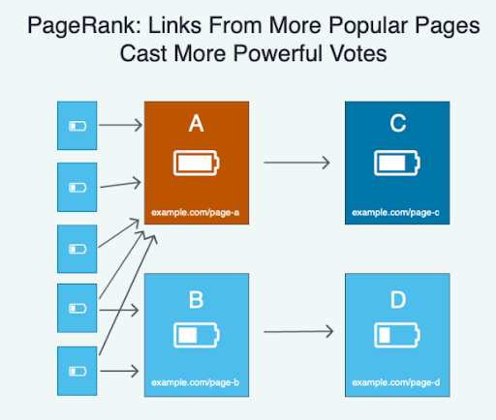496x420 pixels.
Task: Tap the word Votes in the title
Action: [x=358, y=53]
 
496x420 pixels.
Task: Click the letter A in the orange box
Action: [x=196, y=124]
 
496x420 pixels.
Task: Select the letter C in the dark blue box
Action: [x=398, y=123]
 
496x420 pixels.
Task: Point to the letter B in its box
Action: [x=196, y=300]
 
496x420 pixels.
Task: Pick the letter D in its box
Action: [x=398, y=300]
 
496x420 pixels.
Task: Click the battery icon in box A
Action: [x=197, y=163]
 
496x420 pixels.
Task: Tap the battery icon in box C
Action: [x=397, y=163]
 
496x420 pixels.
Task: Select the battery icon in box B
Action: [x=197, y=335]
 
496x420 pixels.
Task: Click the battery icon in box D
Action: [x=397, y=335]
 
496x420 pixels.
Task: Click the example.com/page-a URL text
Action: [x=196, y=213]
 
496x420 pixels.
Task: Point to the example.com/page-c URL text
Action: [x=395, y=213]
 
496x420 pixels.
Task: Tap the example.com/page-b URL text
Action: [x=196, y=382]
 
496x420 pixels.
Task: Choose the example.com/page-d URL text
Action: [x=396, y=382]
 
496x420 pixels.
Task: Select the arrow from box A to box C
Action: [x=296, y=163]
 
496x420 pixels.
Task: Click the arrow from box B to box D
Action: [x=298, y=331]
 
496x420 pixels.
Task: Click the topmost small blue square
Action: [x=77, y=126]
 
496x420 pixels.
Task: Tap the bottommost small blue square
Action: [x=77, y=371]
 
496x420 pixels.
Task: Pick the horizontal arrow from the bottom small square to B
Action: [x=119, y=371]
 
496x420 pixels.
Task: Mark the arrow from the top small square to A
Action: [x=120, y=125]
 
